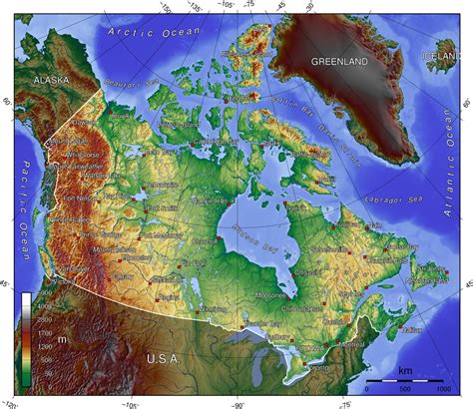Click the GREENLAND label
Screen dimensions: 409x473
[339, 62]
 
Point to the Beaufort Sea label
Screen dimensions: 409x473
[127, 89]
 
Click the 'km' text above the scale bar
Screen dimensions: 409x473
[403, 371]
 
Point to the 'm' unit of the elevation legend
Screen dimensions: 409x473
[61, 340]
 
